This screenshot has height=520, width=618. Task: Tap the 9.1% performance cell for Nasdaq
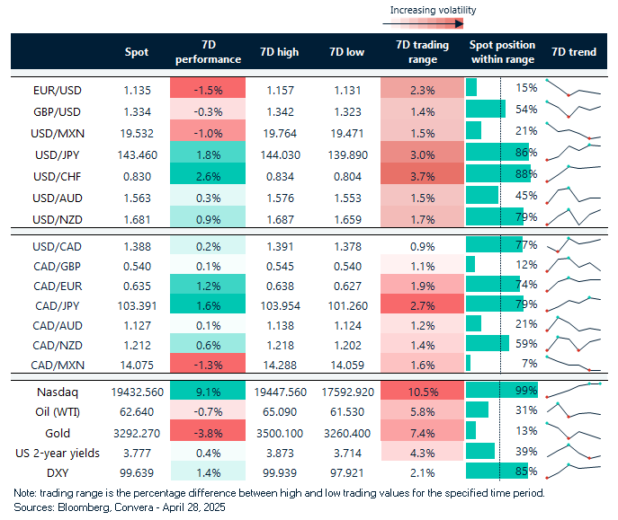pyautogui.click(x=206, y=391)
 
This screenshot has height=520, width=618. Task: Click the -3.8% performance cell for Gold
pyautogui.click(x=206, y=431)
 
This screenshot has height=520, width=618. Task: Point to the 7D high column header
pyautogui.click(x=278, y=52)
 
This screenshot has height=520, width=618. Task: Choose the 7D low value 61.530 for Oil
pyautogui.click(x=345, y=410)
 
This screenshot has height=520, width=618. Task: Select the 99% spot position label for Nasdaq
pyautogui.click(x=526, y=391)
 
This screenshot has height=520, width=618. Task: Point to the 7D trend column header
pyautogui.click(x=574, y=52)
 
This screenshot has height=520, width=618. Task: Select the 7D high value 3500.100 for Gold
pyautogui.click(x=278, y=431)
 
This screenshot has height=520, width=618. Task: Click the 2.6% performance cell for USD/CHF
pyautogui.click(x=206, y=175)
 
